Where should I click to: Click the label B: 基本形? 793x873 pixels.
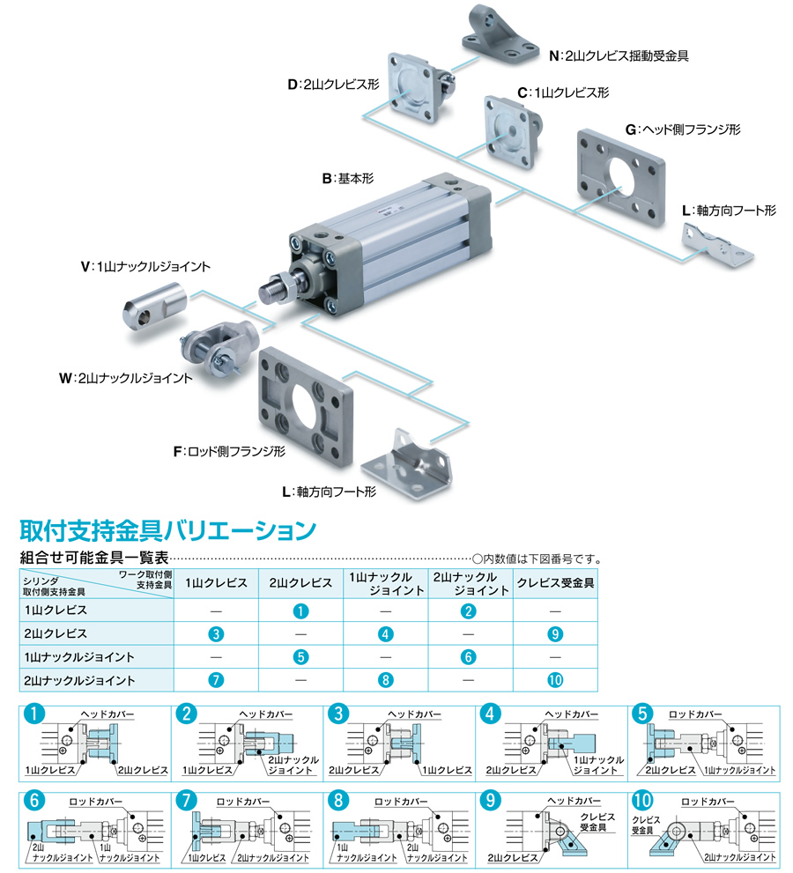(x=348, y=178)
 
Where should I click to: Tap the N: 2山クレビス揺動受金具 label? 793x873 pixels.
(x=618, y=55)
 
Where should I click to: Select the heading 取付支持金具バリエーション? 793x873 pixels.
(x=167, y=530)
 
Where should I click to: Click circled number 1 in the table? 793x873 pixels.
(x=300, y=610)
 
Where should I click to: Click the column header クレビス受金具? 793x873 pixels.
(x=555, y=583)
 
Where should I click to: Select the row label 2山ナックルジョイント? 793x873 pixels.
(x=79, y=680)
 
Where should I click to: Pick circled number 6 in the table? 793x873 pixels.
(x=470, y=657)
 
